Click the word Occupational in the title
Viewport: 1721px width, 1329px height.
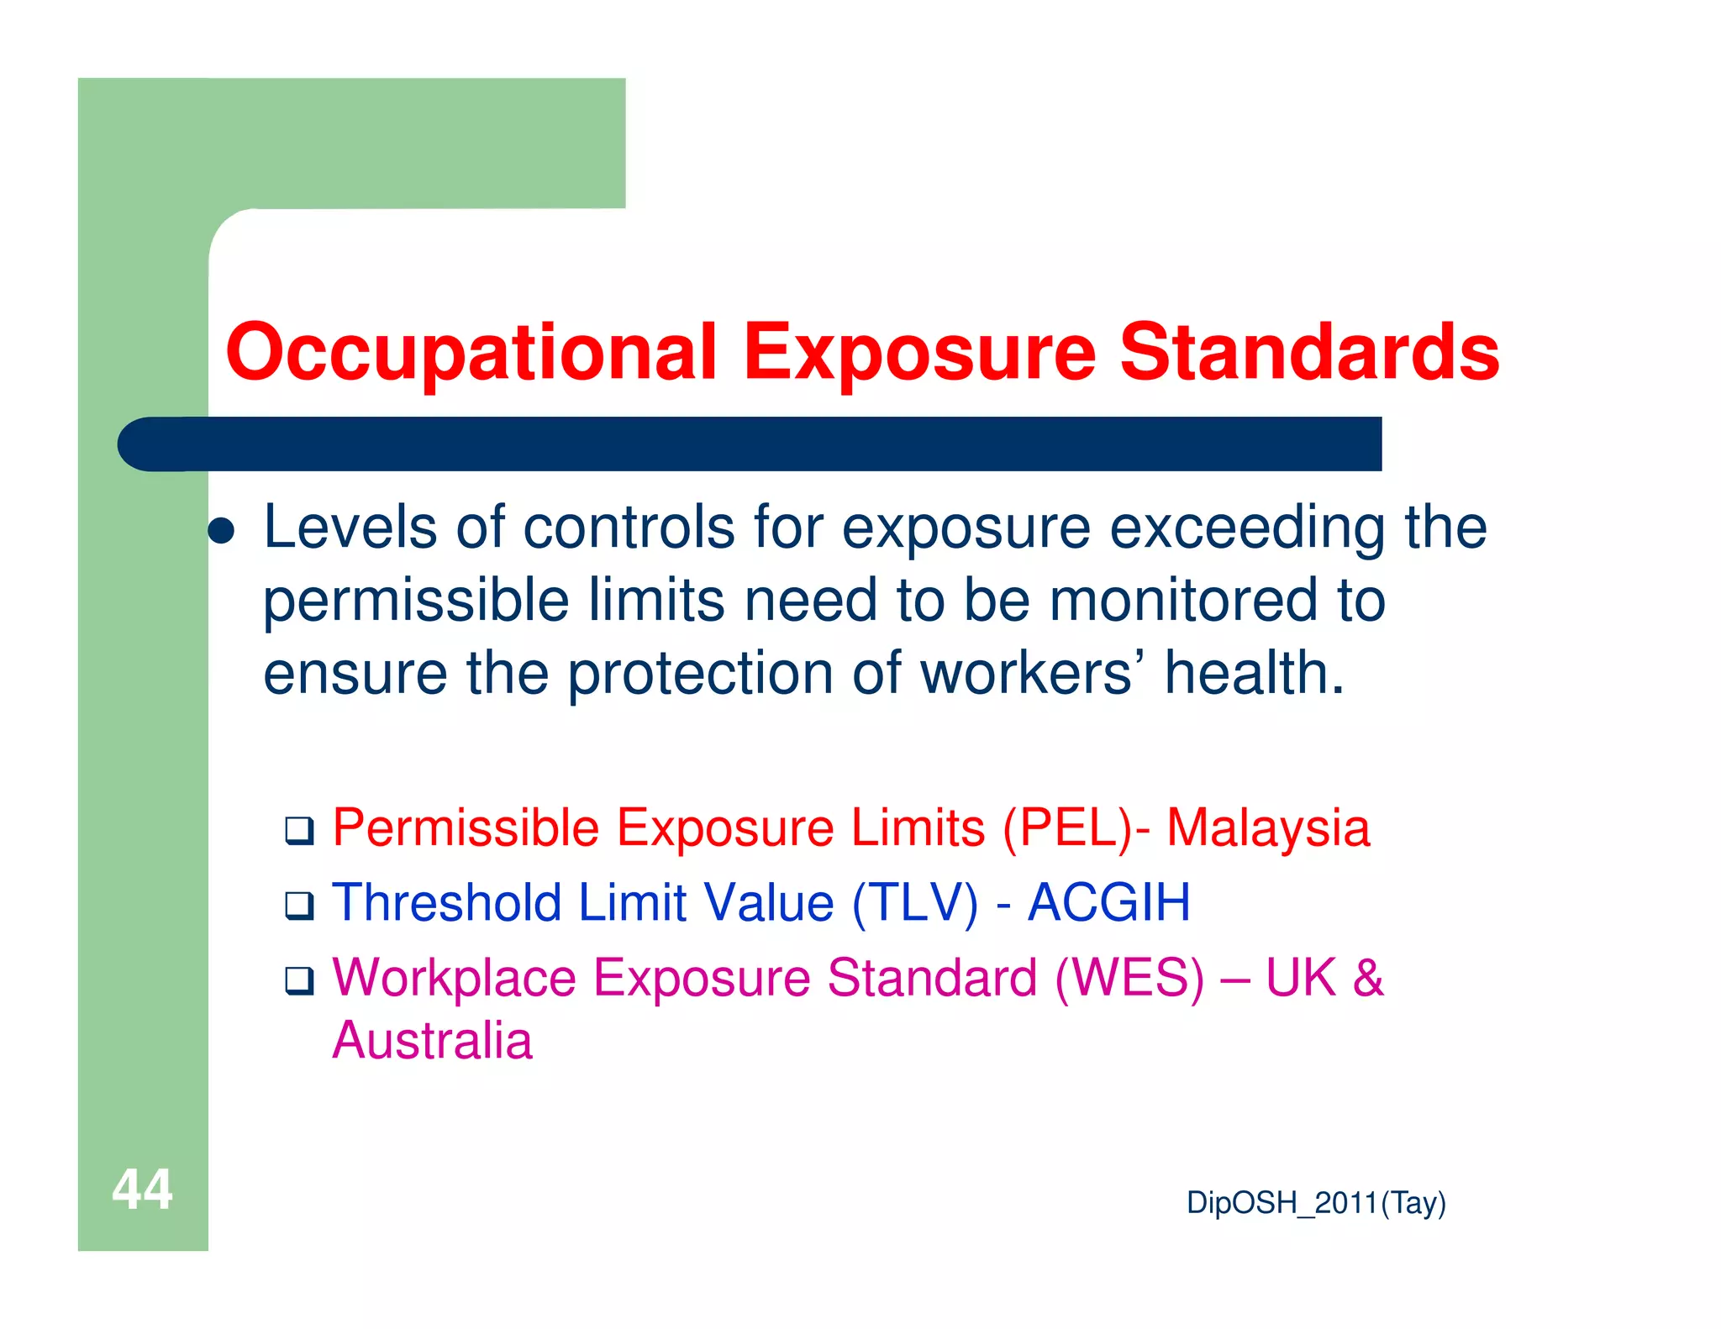[471, 353]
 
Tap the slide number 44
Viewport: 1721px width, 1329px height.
[142, 1190]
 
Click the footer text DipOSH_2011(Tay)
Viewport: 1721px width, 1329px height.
[1316, 1203]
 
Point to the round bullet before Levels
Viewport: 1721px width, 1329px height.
[221, 531]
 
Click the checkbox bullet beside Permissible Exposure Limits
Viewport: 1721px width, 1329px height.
[299, 831]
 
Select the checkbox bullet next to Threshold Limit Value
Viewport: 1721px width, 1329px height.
[299, 906]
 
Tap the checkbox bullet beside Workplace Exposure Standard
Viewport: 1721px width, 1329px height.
[299, 980]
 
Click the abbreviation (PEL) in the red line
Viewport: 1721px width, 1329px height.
[1068, 828]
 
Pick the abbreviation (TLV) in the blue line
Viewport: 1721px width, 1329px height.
[915, 903]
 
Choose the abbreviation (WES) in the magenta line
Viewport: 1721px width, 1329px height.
[1129, 978]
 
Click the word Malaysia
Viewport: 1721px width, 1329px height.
[1268, 828]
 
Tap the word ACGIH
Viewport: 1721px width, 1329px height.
[1108, 903]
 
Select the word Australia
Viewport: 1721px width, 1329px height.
[432, 1041]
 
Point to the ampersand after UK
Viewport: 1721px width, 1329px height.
[1367, 978]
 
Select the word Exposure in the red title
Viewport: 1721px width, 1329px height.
[919, 353]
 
